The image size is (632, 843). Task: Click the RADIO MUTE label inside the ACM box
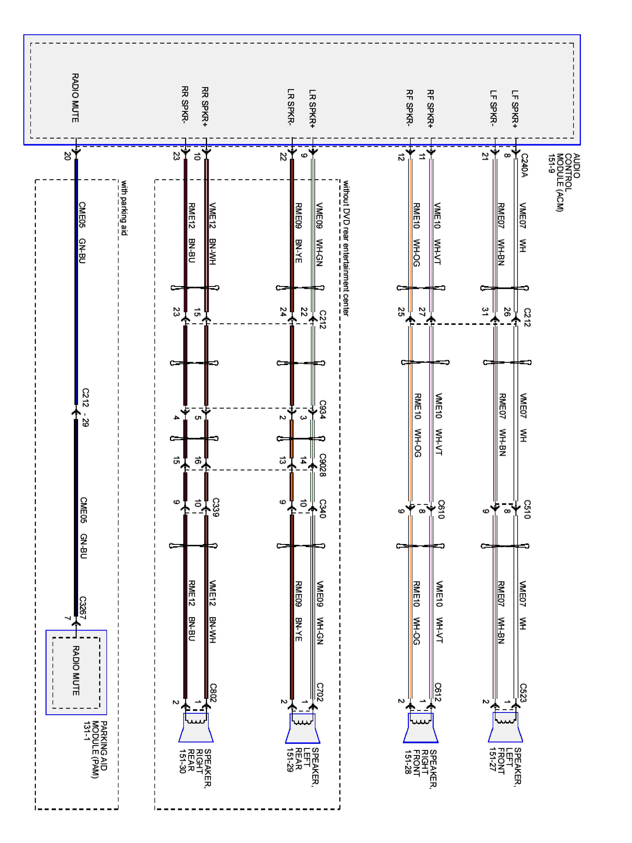tap(76, 98)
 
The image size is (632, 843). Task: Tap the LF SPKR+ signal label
tap(515, 109)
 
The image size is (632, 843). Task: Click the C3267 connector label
tap(83, 608)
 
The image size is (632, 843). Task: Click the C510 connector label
tap(527, 509)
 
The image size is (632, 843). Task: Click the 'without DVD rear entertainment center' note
tap(345, 248)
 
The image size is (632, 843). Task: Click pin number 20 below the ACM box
tap(67, 156)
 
